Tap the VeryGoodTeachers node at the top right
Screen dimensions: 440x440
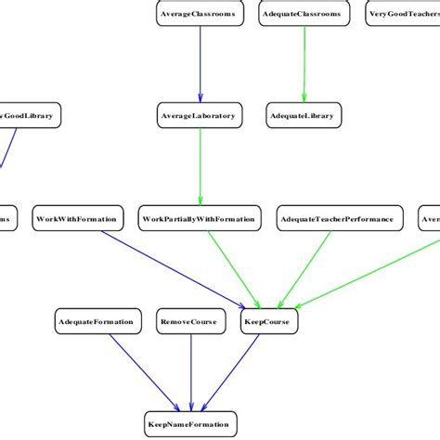click(x=403, y=15)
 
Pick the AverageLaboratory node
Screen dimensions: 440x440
click(x=199, y=115)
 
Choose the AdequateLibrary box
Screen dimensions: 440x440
click(x=304, y=115)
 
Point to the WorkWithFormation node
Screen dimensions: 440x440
click(x=77, y=219)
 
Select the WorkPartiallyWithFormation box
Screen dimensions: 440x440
click(x=199, y=219)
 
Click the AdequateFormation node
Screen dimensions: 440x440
click(x=96, y=322)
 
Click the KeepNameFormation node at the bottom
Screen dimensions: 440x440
click(x=190, y=424)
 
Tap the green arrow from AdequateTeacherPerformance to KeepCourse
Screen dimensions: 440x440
click(x=306, y=269)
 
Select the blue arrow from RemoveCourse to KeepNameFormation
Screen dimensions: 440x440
click(x=190, y=371)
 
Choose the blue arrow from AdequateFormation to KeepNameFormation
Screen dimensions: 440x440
click(x=139, y=371)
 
